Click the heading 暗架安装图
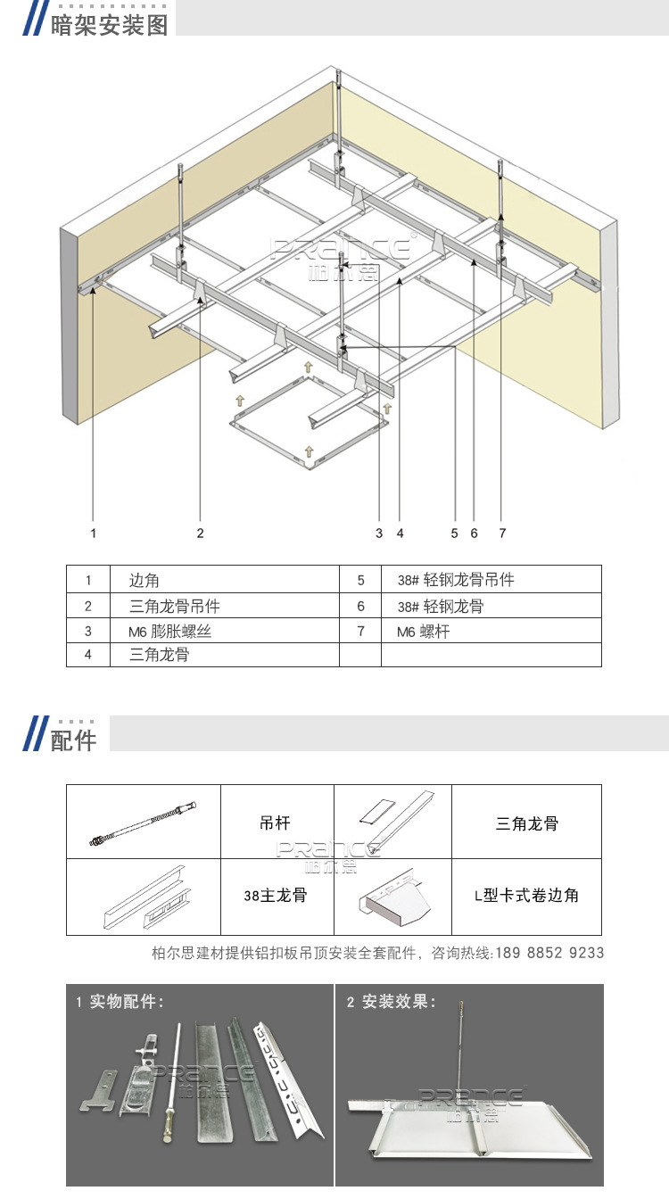click(109, 24)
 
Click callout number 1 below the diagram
click(93, 533)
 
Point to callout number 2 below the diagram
click(200, 533)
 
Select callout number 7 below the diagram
click(502, 533)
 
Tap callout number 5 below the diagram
click(454, 533)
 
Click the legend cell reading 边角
click(145, 580)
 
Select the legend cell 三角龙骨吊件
click(175, 607)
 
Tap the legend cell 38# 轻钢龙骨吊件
click(455, 580)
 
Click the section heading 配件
click(73, 740)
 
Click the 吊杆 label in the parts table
click(276, 823)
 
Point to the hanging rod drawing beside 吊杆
click(143, 823)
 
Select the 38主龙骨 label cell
click(276, 895)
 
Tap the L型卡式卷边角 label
click(526, 895)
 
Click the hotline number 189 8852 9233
click(548, 953)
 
